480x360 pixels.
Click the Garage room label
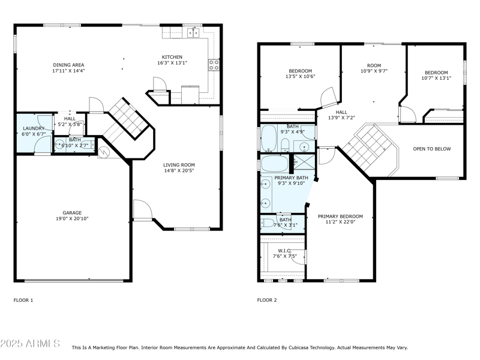(72, 215)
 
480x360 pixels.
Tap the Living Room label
(179, 168)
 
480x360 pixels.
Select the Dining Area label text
(68, 68)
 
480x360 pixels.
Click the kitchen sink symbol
(193, 32)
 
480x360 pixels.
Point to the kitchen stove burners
(214, 65)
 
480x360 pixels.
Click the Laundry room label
(34, 131)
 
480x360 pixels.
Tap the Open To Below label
(432, 149)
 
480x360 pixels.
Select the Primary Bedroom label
(340, 219)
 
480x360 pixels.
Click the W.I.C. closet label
(285, 253)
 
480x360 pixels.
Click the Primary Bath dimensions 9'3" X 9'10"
(291, 184)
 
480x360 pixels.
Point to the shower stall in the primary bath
(304, 162)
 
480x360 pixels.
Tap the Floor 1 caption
(23, 301)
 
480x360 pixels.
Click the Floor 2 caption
(267, 301)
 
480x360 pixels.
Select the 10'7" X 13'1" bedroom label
(436, 76)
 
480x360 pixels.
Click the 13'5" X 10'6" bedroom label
(301, 74)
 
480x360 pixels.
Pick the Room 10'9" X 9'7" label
(374, 68)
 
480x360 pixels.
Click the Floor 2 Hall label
(341, 115)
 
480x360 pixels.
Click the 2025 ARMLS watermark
(30, 344)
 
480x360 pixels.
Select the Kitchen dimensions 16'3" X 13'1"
(172, 63)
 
